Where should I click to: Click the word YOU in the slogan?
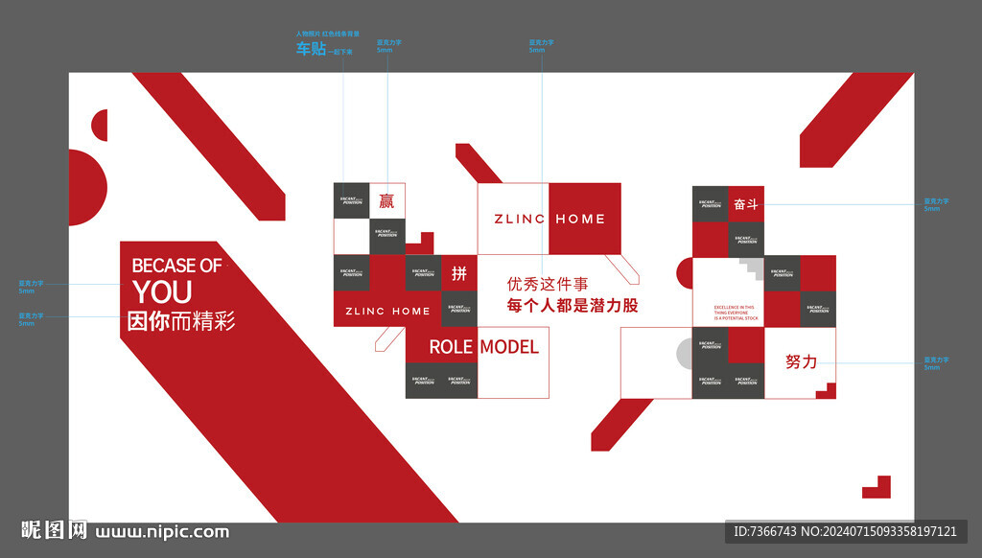(x=162, y=291)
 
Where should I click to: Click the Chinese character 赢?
(x=386, y=200)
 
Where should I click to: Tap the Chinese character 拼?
(x=459, y=273)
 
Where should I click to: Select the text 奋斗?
(x=746, y=204)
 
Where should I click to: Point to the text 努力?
(x=801, y=361)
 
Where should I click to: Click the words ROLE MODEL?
(x=483, y=346)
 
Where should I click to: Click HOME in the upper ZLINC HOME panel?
(x=580, y=219)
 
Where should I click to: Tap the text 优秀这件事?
(x=547, y=284)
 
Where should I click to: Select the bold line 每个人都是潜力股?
(x=573, y=306)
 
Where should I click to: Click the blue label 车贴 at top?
(x=311, y=49)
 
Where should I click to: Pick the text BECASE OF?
(x=176, y=266)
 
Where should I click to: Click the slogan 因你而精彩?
(x=181, y=321)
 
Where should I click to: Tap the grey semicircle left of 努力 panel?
(x=684, y=354)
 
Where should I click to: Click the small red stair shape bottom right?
(x=877, y=487)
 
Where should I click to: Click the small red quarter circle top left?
(x=100, y=125)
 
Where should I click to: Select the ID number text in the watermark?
(x=845, y=531)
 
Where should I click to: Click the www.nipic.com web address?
(x=162, y=531)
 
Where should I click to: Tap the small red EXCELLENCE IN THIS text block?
(x=736, y=313)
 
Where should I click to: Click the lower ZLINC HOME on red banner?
(x=387, y=311)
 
